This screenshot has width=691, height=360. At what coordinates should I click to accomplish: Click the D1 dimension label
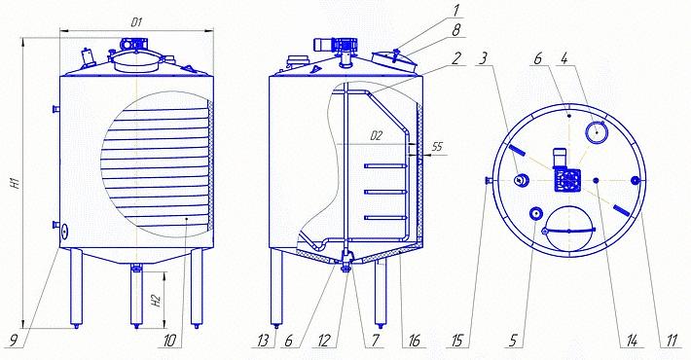[x=136, y=23]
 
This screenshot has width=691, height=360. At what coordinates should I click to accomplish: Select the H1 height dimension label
[x=15, y=182]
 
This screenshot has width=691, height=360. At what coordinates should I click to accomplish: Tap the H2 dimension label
[x=156, y=300]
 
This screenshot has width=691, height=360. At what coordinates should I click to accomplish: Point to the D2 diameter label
[x=376, y=136]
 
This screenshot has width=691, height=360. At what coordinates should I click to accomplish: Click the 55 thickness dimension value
[x=437, y=146]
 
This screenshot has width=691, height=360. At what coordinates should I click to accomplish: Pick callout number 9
[x=14, y=341]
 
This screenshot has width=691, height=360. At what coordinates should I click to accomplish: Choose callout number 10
[x=169, y=341]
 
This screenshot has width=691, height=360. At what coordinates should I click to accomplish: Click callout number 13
[x=263, y=341]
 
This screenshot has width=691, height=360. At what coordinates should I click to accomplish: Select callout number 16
[x=414, y=341]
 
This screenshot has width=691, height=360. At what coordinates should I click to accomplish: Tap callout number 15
[x=459, y=341]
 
